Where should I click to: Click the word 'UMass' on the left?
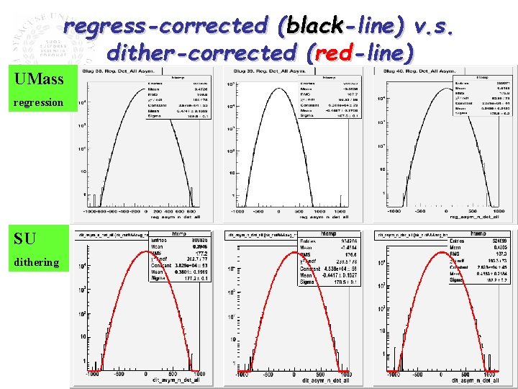(38, 79)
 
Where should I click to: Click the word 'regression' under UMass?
(38, 103)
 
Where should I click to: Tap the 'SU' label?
(24, 238)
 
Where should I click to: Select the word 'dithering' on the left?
(36, 262)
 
